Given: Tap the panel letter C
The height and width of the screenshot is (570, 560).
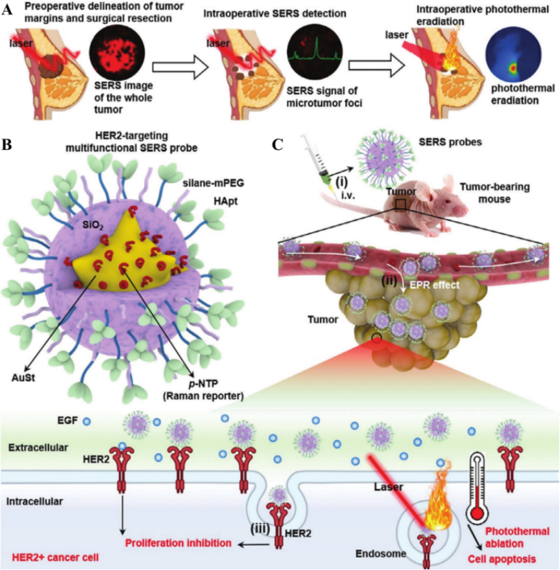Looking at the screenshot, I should tap(278, 144).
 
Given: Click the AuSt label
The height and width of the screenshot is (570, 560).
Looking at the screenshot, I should tap(25, 376).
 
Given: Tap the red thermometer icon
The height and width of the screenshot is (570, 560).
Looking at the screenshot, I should tap(477, 489).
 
